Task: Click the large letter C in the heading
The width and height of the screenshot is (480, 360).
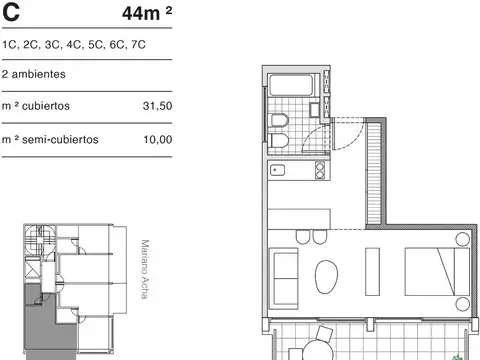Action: [x=11, y=13]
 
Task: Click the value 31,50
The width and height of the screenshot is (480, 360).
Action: [x=158, y=105]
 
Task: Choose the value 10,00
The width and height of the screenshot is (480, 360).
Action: [x=158, y=140]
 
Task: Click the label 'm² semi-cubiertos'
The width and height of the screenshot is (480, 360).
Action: [x=50, y=140]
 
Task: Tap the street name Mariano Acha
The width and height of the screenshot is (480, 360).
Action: [x=145, y=276]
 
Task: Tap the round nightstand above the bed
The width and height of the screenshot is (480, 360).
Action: [x=460, y=240]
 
